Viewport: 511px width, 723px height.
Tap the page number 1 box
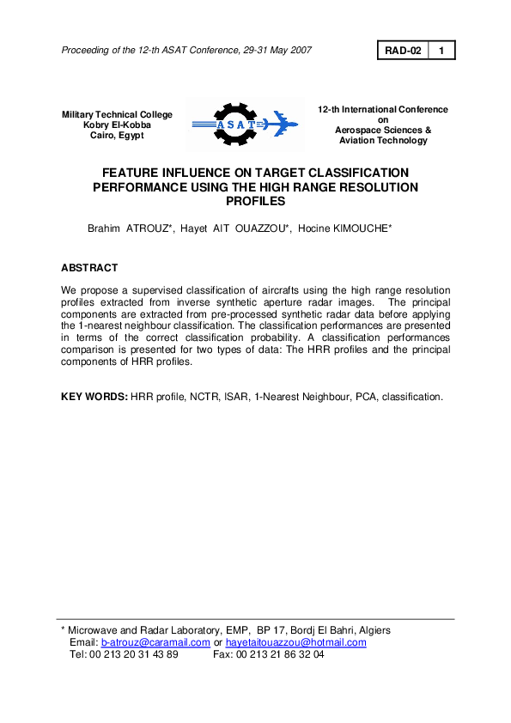coord(441,51)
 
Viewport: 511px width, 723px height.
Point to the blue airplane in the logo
coord(277,125)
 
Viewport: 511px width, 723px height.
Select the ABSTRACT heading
coord(89,268)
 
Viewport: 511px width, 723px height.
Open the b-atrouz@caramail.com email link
coord(155,642)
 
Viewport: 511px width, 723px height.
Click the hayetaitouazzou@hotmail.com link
coord(295,642)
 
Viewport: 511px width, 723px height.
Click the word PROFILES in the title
coord(255,201)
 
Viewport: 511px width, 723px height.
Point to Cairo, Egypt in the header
coord(117,135)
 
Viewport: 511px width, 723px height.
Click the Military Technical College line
coord(117,115)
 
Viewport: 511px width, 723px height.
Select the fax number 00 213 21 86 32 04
coord(280,654)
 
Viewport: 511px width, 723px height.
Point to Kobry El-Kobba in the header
coord(117,125)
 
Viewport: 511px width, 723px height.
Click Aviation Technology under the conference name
coord(382,141)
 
